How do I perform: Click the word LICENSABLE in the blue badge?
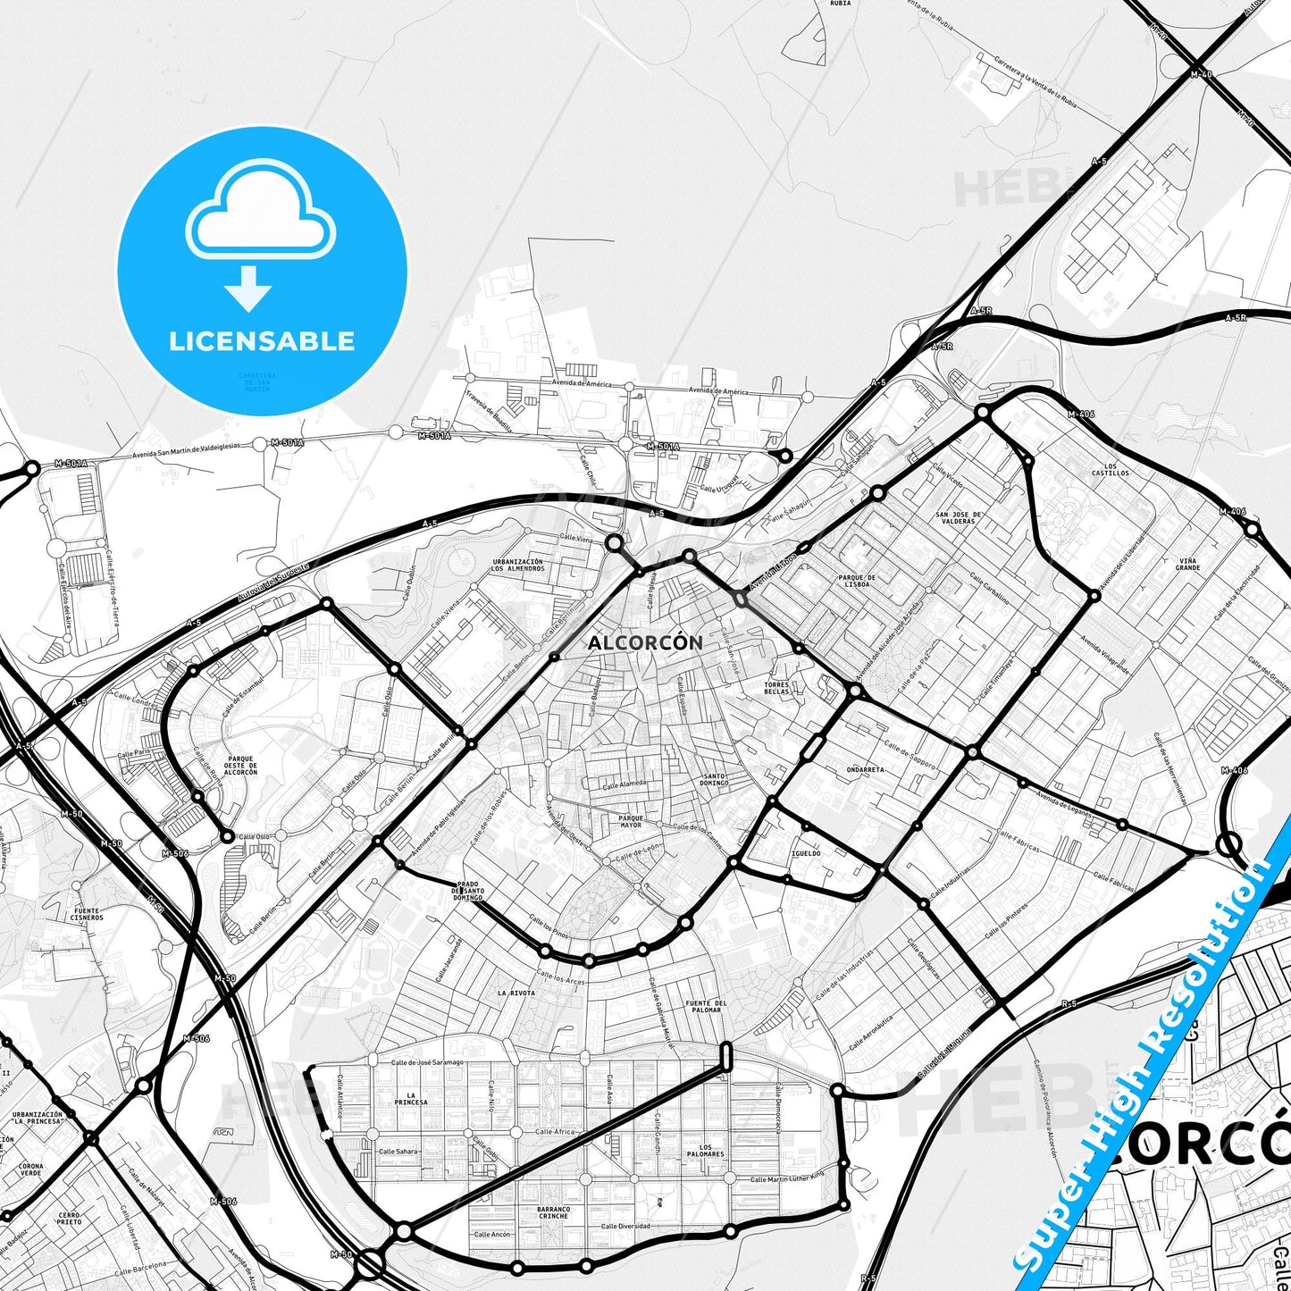[262, 340]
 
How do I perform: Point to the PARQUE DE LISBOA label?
[856, 581]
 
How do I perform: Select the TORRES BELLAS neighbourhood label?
[776, 688]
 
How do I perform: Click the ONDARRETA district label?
[865, 769]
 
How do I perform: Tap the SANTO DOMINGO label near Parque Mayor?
[714, 779]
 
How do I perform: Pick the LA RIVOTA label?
[516, 993]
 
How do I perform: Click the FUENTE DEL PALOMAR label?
[706, 1006]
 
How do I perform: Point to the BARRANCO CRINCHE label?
[554, 1212]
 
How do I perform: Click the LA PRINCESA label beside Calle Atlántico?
[411, 1098]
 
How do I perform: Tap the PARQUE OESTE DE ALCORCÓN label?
[239, 766]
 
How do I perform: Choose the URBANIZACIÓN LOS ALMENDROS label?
[517, 565]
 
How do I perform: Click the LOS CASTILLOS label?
[1111, 469]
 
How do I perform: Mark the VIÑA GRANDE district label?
[1187, 564]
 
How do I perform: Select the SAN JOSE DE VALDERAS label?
[959, 517]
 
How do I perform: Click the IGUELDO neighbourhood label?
[806, 853]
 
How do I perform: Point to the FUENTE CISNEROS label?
[87, 914]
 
